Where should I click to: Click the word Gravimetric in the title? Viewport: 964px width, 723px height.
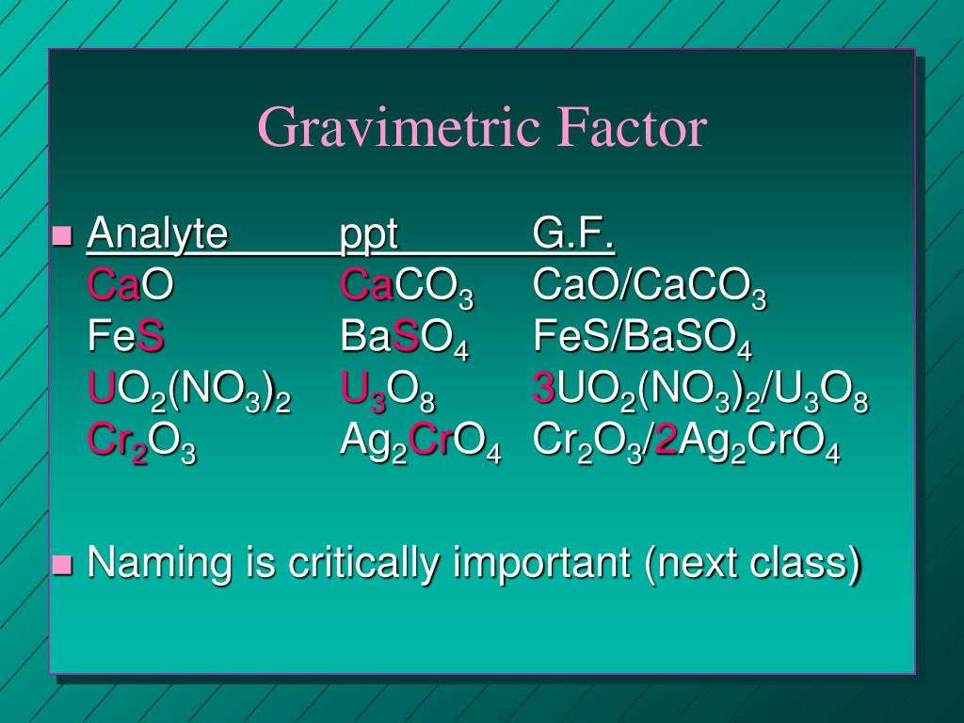[399, 127]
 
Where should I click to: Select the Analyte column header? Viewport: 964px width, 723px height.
[158, 233]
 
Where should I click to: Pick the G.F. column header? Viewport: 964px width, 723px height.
[573, 233]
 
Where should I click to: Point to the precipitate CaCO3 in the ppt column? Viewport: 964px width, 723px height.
[407, 288]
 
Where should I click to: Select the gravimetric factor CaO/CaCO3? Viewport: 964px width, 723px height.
[650, 288]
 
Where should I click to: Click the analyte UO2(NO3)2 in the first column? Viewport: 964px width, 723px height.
[189, 393]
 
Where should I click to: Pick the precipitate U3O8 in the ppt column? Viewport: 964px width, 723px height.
[388, 393]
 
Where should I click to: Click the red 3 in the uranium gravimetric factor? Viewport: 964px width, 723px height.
[545, 389]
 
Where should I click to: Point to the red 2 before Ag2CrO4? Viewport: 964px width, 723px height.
[667, 441]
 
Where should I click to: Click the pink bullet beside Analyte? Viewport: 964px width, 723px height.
[62, 235]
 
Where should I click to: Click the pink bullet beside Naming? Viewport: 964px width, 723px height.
[62, 565]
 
